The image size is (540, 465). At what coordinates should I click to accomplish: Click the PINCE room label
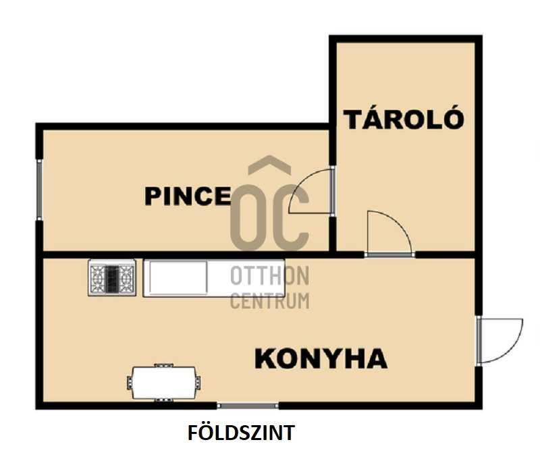point(188,196)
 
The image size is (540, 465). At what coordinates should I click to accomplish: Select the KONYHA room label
point(321,358)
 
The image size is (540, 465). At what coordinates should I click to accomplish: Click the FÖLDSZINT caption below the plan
point(241,433)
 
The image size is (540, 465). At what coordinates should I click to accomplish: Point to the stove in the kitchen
point(112,277)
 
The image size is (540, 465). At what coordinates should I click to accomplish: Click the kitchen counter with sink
point(214,278)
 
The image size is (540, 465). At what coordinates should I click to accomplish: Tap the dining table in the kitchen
point(164,383)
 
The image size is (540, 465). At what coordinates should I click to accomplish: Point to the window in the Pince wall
point(39,190)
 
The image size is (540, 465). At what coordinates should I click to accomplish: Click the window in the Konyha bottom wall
point(248,406)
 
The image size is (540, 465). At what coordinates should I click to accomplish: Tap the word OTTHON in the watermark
point(269,275)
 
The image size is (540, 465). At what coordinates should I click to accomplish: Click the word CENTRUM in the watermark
point(269,301)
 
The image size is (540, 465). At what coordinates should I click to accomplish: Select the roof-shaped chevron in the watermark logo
point(269,165)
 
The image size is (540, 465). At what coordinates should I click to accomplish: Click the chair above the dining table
point(163,365)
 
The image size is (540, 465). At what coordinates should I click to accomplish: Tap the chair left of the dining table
point(130,383)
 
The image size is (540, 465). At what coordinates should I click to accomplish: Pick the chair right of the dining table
point(198,383)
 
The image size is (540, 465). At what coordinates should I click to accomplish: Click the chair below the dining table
point(163,400)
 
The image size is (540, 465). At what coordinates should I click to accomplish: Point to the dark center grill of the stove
point(112,278)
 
